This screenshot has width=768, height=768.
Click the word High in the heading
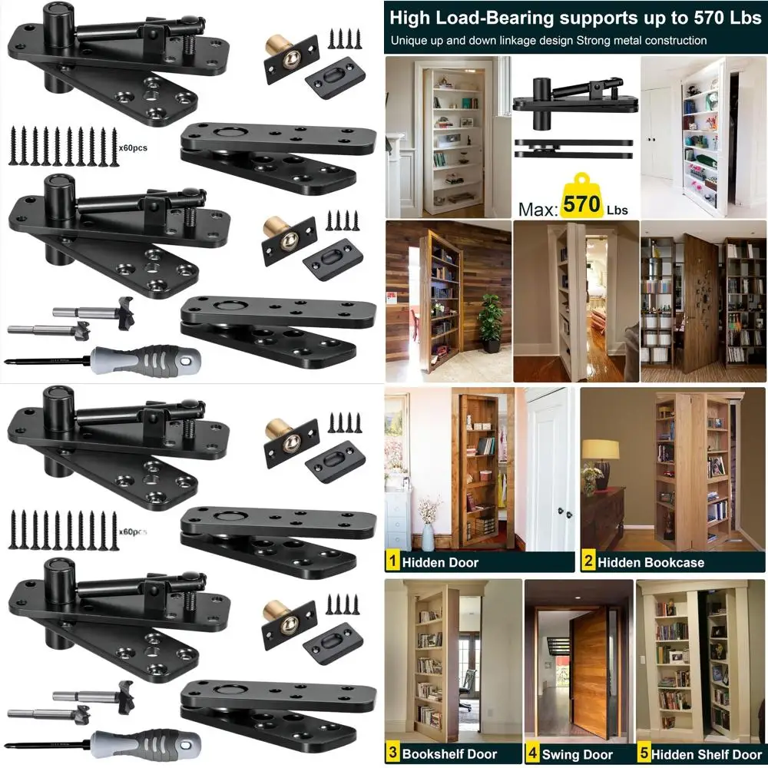pos(410,18)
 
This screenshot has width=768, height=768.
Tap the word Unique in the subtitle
pos(409,41)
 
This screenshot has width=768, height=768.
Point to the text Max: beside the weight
pos(538,210)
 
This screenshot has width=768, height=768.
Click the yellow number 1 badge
pos(392,561)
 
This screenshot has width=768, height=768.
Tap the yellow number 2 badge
pos(589,561)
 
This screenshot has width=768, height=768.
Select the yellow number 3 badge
pos(392,753)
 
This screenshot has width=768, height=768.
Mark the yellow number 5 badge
pos(644,753)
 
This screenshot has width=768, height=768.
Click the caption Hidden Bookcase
pos(651,562)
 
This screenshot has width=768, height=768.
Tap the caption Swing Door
pos(578,754)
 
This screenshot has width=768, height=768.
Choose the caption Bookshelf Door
pos(449,754)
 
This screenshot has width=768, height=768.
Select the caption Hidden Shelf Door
pos(707,754)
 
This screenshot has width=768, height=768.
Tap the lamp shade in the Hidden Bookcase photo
pos(601,449)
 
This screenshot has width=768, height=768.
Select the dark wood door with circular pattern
pos(700,302)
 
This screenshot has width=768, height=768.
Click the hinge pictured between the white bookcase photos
pos(574,118)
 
